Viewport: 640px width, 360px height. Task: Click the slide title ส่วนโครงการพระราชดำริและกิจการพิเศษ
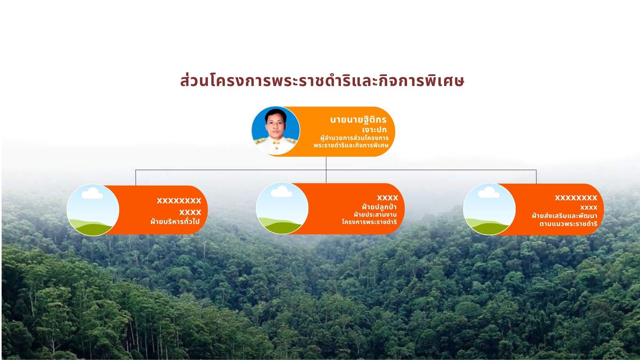click(322, 81)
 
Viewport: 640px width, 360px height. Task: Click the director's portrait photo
click(276, 131)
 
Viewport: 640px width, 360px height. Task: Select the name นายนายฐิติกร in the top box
click(358, 120)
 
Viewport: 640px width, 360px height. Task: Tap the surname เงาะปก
click(374, 130)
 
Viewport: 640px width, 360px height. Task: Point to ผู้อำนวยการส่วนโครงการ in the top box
click(354, 138)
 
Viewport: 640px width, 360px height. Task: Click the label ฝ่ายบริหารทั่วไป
click(175, 221)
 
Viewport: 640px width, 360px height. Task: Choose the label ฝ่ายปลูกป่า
click(379, 207)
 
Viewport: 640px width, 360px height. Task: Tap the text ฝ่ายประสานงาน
click(375, 214)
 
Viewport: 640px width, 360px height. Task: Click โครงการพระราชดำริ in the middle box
click(369, 222)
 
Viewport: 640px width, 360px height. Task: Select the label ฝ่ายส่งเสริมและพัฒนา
click(565, 216)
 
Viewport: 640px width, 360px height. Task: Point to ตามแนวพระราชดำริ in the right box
click(568, 224)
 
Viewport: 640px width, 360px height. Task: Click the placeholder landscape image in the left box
click(93, 210)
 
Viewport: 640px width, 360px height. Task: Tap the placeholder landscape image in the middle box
click(282, 208)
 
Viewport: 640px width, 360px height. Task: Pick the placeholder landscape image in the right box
click(489, 209)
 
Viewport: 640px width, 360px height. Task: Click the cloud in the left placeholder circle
click(92, 193)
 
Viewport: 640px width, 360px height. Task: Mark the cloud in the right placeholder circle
click(489, 192)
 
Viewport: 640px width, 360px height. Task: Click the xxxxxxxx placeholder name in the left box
click(179, 201)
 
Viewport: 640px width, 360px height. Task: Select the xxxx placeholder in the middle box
click(387, 198)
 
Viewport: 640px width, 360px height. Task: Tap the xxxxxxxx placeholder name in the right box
click(576, 198)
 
